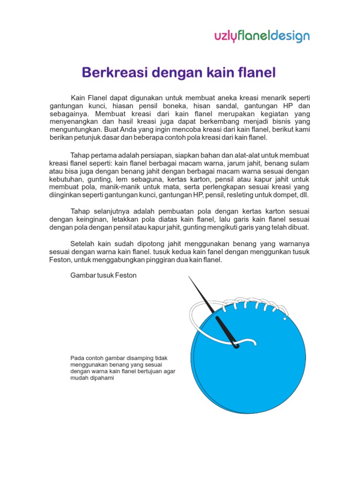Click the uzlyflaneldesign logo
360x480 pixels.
262,36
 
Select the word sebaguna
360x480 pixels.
145,179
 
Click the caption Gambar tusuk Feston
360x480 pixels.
103,275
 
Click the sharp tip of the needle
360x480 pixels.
189,277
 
